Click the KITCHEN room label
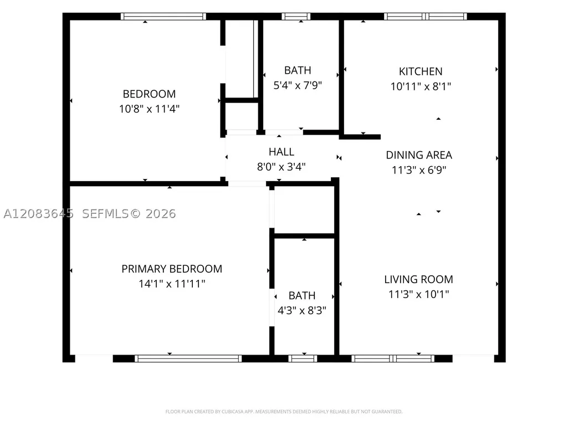(421, 71)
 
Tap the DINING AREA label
(419, 155)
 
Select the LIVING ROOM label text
(418, 279)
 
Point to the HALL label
(282, 152)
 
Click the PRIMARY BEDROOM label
(172, 269)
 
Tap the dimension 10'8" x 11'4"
(149, 109)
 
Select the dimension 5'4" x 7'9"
(298, 85)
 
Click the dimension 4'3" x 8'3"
(302, 310)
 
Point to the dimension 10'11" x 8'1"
(421, 86)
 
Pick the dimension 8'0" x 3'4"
(282, 167)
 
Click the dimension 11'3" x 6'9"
(419, 170)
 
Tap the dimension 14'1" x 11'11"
(172, 284)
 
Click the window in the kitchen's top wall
(426, 16)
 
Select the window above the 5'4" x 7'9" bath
(296, 16)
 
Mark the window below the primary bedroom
(188, 358)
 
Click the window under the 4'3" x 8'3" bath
(303, 358)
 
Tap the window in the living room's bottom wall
(393, 358)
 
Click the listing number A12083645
(38, 214)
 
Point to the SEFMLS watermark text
(105, 214)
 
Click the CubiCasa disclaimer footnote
(284, 412)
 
